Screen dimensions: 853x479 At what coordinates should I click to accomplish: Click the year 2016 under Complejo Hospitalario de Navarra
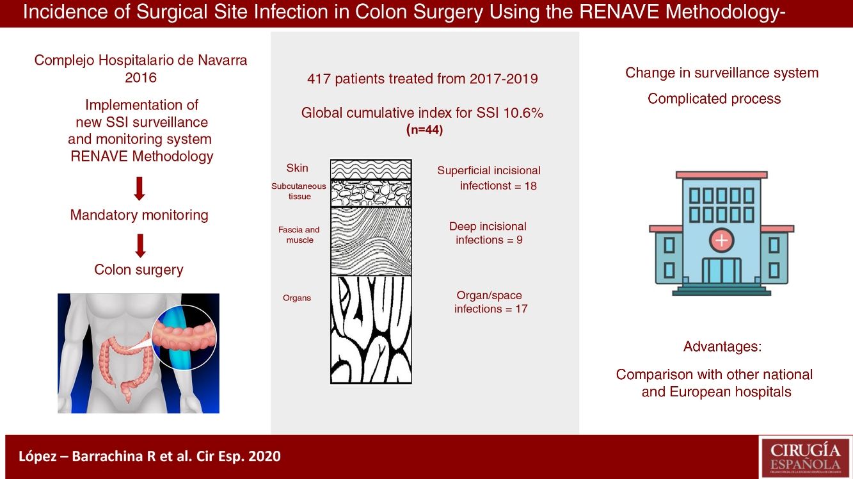click(x=141, y=77)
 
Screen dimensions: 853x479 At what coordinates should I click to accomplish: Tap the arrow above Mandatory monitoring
click(x=140, y=188)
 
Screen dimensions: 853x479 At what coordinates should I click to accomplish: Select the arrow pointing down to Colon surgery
click(x=140, y=245)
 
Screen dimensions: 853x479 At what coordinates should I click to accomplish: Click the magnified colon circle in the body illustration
click(x=184, y=337)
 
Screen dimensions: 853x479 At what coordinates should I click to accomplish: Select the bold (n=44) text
click(x=425, y=130)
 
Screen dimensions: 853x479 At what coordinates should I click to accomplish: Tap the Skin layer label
click(x=297, y=168)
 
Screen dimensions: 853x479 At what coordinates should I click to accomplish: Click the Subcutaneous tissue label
click(x=299, y=191)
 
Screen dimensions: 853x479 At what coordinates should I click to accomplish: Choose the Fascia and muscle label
click(x=299, y=235)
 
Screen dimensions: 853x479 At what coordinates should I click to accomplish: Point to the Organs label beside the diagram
click(x=297, y=298)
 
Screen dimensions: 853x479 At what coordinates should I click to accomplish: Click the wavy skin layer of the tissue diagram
click(x=371, y=169)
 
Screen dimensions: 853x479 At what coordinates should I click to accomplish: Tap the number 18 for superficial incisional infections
click(x=530, y=186)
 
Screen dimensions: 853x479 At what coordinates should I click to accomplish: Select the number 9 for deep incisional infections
click(x=520, y=240)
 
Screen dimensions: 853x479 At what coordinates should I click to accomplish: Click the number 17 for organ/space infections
click(x=522, y=309)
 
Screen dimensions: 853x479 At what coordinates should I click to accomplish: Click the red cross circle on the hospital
click(x=722, y=240)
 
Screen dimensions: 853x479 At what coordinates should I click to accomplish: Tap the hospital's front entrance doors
click(x=722, y=270)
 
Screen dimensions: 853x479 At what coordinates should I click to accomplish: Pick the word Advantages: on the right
click(x=722, y=346)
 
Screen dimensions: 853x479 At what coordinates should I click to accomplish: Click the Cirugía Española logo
click(x=805, y=457)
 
